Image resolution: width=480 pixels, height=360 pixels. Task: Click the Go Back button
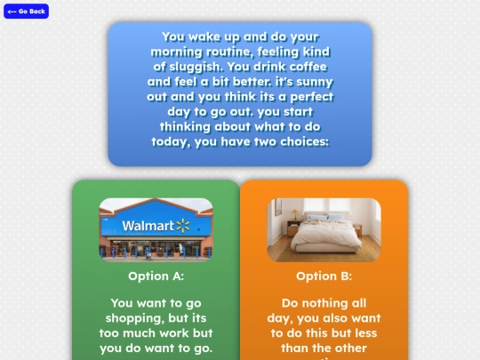point(27,12)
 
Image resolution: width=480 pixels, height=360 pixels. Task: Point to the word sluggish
point(191,67)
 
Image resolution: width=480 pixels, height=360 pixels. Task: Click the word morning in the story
point(181,52)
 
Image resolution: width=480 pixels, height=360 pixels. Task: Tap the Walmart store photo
point(156,229)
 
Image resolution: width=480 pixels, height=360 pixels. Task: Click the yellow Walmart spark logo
point(183,225)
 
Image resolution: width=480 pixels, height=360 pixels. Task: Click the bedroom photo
point(324,229)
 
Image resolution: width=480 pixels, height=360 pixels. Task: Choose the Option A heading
point(156,276)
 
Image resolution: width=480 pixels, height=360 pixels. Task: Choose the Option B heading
point(324,276)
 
